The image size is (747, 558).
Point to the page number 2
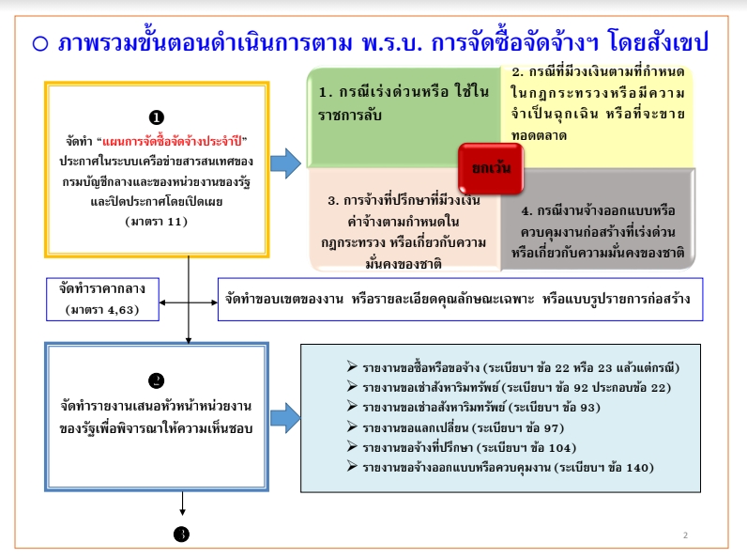[x=685, y=535]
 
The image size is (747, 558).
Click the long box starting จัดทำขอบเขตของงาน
[x=460, y=299]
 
